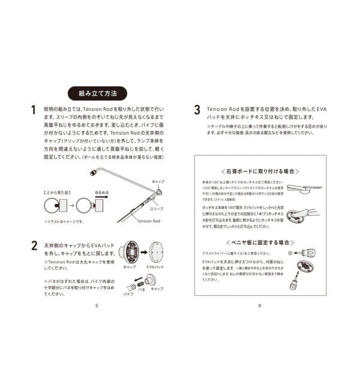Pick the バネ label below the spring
(143, 289)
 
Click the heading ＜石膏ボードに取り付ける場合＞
(259, 171)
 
